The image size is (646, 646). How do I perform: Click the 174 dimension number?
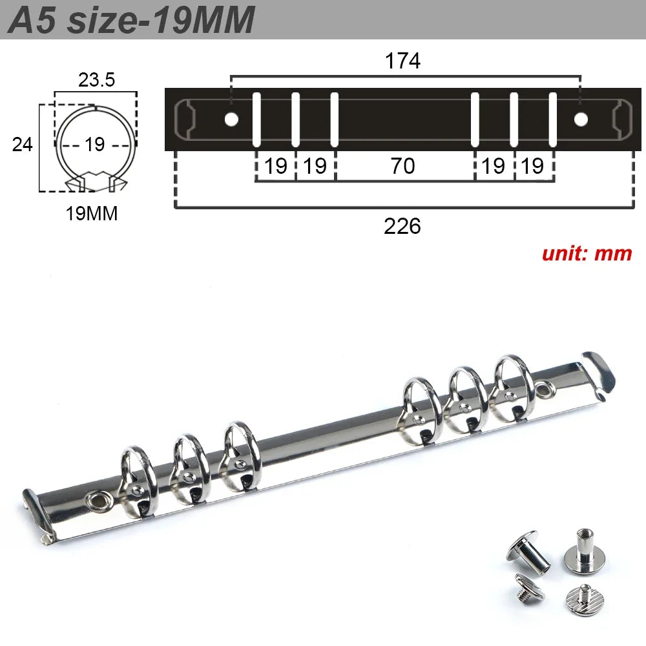point(402,61)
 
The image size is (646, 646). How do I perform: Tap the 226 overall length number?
point(402,226)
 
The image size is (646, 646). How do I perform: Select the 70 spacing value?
point(402,167)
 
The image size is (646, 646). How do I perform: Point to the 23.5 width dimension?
point(96,80)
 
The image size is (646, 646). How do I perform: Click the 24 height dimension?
point(23,144)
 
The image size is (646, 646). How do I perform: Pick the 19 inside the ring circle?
point(94,144)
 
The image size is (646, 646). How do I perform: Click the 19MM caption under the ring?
point(92,214)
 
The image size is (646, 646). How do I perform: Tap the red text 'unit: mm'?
point(587,253)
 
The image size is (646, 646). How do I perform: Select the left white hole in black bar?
point(231,119)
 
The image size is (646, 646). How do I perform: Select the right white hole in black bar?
point(581,119)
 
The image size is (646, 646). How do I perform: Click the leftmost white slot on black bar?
point(256,120)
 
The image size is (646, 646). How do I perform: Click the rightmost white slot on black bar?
point(553,120)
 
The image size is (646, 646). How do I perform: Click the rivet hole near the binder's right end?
point(545,389)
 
